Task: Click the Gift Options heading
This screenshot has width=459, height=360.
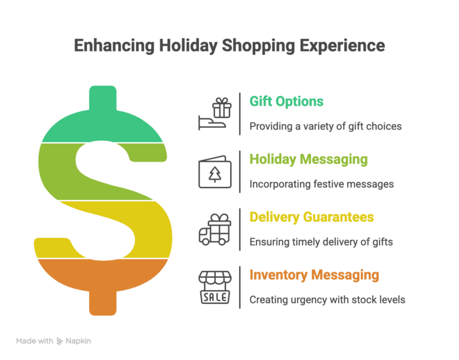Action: pyautogui.click(x=286, y=101)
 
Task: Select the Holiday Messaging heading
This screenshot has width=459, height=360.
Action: pyautogui.click(x=308, y=159)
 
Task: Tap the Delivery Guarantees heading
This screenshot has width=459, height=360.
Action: pyautogui.click(x=311, y=217)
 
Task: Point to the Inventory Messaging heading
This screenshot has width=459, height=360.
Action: pyautogui.click(x=314, y=275)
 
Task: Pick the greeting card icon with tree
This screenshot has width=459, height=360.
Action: pyautogui.click(x=213, y=172)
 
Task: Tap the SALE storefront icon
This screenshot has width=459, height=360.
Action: pyautogui.click(x=214, y=287)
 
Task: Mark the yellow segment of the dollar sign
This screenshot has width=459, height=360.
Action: pyautogui.click(x=137, y=233)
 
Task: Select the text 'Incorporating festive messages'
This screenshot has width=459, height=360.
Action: pyautogui.click(x=322, y=184)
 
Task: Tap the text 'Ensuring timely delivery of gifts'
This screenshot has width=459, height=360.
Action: pyautogui.click(x=321, y=242)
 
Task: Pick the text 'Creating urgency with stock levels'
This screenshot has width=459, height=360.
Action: pyautogui.click(x=327, y=299)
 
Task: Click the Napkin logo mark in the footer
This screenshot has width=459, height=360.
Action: pyautogui.click(x=60, y=341)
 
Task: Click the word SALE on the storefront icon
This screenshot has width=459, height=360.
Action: pyautogui.click(x=214, y=296)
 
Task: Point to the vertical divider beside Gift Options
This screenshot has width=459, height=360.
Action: pyautogui.click(x=240, y=113)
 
